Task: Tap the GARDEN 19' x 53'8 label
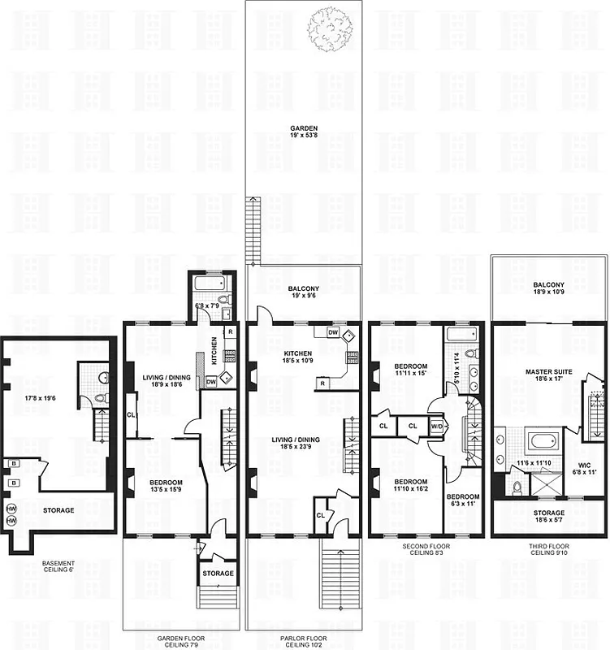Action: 304,133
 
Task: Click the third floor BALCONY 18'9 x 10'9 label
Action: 549,289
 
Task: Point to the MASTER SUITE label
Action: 549,375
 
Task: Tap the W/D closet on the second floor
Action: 435,425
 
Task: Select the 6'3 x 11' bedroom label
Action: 464,500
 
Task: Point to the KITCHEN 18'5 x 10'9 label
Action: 298,357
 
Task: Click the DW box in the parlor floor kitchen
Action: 333,332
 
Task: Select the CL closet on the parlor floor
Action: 320,514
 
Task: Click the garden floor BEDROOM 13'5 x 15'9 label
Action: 166,486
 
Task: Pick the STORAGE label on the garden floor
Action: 218,574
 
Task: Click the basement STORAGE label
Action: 58,510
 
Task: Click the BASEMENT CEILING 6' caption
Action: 58,568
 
